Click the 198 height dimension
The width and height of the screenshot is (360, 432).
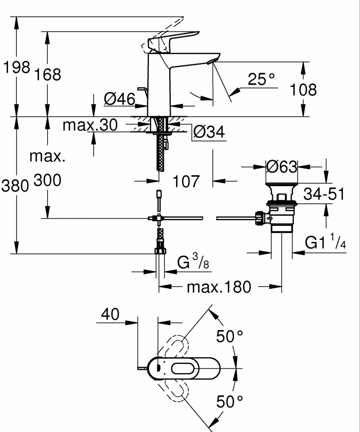pos(16,68)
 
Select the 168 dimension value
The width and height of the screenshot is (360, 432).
pos(47,74)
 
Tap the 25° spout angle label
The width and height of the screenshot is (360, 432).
pos(261,79)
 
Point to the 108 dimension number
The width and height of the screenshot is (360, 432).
pos(303,90)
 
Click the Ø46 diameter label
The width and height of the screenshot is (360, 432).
pos(120,99)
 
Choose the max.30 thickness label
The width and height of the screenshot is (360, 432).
pos(90,125)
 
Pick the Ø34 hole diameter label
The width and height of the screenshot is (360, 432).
pos(209,132)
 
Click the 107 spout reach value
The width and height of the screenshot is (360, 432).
pos(186,181)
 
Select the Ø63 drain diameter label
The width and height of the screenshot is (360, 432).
pos(282,167)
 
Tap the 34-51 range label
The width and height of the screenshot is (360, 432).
pos(324,194)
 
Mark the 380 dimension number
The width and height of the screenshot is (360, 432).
pos(15,186)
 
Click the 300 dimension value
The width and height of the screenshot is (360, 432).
pos(47,181)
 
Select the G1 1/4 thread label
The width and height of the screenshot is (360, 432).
pos(325,241)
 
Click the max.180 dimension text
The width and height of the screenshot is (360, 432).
pos(219,287)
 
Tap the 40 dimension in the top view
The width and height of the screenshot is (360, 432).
pos(110,314)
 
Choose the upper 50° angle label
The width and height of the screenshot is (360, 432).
pos(230,336)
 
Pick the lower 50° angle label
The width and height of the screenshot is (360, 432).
pos(230,402)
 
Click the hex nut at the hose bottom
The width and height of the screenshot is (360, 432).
pos(160,251)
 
